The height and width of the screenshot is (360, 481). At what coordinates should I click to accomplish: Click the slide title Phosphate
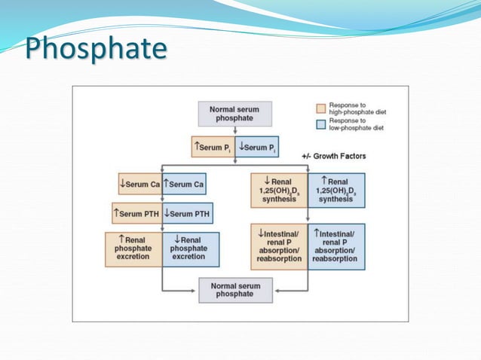(x=96, y=49)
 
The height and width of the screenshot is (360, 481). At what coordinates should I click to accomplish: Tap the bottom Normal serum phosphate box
(x=234, y=289)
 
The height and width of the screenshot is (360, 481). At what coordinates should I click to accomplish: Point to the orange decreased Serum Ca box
(x=139, y=184)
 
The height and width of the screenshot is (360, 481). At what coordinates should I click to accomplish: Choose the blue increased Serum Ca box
(x=184, y=184)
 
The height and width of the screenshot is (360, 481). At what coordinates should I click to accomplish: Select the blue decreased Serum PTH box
(x=187, y=213)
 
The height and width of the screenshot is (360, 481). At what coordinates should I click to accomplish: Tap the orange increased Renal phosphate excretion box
(x=134, y=249)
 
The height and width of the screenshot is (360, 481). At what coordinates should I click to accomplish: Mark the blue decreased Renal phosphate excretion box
(x=190, y=249)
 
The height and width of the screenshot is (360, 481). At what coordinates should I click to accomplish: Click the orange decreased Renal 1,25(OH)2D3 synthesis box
(x=280, y=190)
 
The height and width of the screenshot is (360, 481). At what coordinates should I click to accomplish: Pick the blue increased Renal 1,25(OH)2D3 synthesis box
(x=335, y=190)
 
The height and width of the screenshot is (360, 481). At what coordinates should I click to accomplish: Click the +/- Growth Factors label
(x=333, y=156)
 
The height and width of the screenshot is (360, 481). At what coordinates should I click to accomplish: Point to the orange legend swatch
(x=320, y=107)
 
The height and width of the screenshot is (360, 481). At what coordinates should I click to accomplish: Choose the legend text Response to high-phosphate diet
(x=357, y=109)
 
